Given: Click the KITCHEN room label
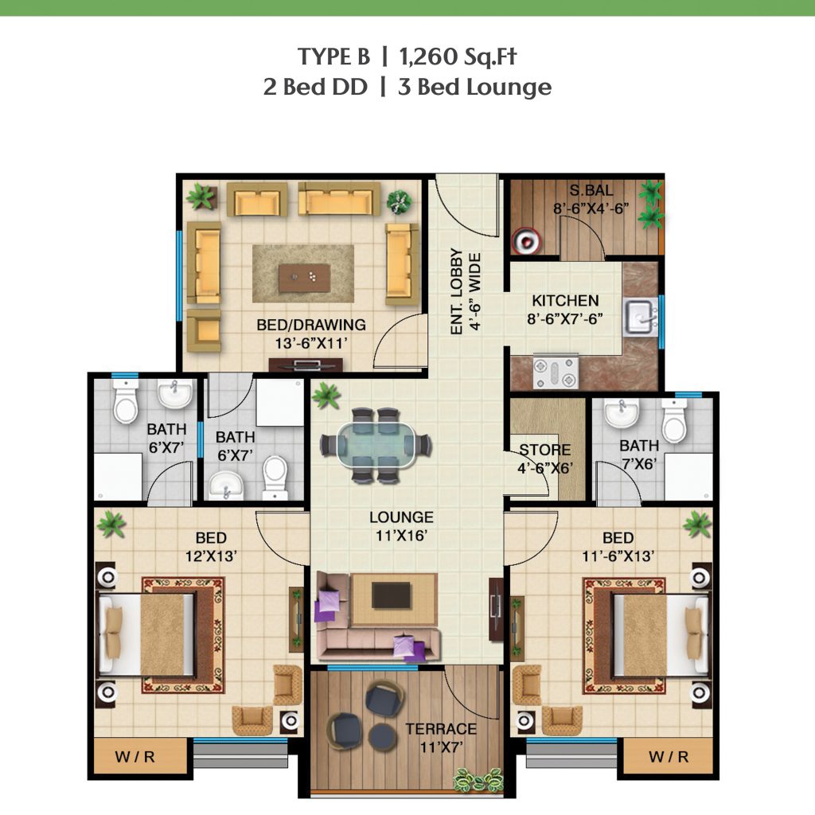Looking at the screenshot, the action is pyautogui.click(x=565, y=300).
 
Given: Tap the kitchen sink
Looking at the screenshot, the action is pyautogui.click(x=641, y=317).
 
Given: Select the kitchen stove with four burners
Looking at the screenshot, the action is pyautogui.click(x=556, y=371).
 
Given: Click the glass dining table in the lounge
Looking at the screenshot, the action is pyautogui.click(x=376, y=446).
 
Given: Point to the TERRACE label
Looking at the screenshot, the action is pyautogui.click(x=441, y=729).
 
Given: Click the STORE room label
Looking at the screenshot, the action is pyautogui.click(x=544, y=450).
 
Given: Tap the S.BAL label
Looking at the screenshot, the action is pyautogui.click(x=591, y=190).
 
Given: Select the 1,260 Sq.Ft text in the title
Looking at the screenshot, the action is pyautogui.click(x=458, y=57).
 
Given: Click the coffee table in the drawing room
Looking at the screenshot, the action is pyautogui.click(x=304, y=278).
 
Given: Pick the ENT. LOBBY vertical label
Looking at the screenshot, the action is pyautogui.click(x=456, y=291).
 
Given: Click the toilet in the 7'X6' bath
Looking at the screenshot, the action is pyautogui.click(x=674, y=421).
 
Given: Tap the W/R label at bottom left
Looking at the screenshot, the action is pyautogui.click(x=135, y=757).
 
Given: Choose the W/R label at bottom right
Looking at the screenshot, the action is pyautogui.click(x=669, y=757).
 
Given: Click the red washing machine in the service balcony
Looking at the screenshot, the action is pyautogui.click(x=526, y=241).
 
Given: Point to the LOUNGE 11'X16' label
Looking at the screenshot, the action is pyautogui.click(x=401, y=526).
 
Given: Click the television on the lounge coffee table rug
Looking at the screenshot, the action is pyautogui.click(x=391, y=595).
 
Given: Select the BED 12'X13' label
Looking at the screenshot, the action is pyautogui.click(x=211, y=547).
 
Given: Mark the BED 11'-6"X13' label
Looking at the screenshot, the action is pyautogui.click(x=618, y=547).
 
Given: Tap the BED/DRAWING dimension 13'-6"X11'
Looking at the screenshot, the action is pyautogui.click(x=311, y=344).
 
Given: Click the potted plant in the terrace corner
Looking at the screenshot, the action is pyautogui.click(x=478, y=781).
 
